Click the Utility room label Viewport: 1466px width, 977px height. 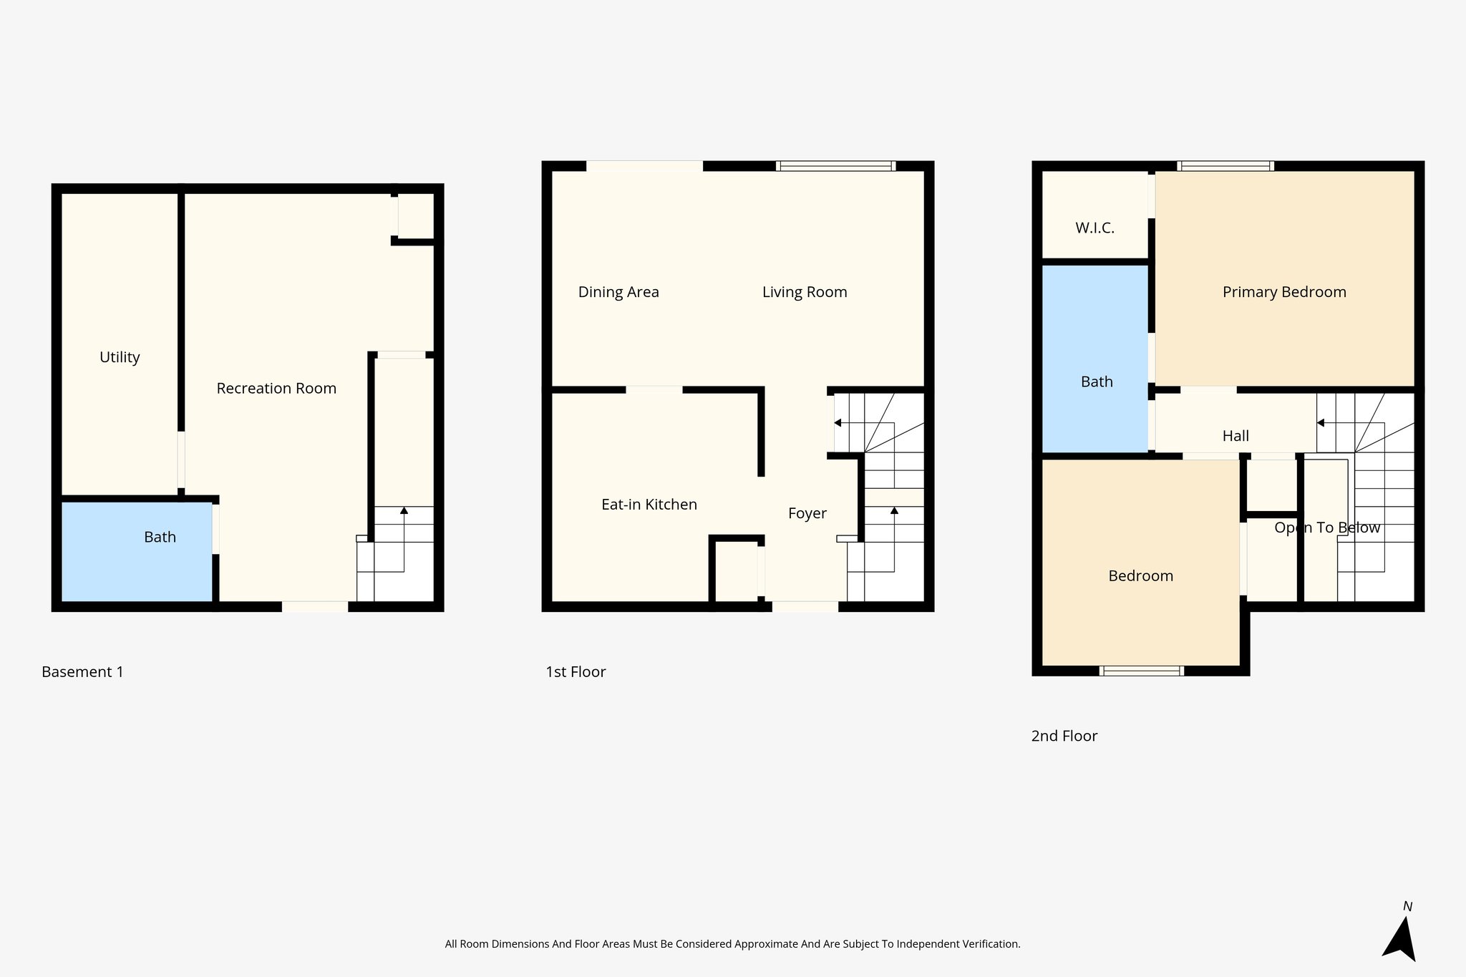120,357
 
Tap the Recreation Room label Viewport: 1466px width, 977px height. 276,389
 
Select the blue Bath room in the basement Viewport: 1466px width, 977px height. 136,551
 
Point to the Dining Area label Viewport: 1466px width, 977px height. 618,292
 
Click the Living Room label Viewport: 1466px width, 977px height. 805,292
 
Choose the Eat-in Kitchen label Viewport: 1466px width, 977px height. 649,505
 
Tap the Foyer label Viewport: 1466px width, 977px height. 807,513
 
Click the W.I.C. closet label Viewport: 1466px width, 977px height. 1094,228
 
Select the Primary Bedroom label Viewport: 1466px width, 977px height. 1284,292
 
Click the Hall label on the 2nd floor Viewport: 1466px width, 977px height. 1236,436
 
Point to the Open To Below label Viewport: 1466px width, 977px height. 1327,528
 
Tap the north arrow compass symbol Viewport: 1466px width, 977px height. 1400,938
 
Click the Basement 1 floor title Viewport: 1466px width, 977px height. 82,672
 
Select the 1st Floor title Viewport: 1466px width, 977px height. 576,672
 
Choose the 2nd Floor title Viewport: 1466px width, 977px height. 1064,736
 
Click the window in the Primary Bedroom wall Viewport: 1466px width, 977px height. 1225,166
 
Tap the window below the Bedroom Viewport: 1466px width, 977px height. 1142,671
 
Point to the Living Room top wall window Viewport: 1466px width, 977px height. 836,166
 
